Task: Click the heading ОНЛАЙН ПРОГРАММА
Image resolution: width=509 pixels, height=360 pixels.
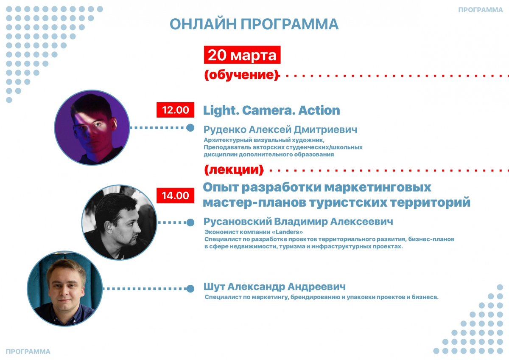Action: [254, 24]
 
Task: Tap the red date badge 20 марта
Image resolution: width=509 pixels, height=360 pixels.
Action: [242, 55]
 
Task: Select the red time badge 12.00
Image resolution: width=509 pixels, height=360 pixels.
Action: [175, 110]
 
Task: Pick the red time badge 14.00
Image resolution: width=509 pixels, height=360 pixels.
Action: [175, 195]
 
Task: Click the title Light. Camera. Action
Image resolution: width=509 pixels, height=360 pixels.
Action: [271, 110]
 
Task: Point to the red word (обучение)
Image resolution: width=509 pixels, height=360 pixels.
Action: [242, 75]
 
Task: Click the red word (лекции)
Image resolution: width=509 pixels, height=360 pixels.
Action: [234, 170]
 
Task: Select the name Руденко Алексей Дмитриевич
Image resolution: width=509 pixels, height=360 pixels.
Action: [280, 129]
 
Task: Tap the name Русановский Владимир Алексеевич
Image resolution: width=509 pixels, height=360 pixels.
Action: [298, 222]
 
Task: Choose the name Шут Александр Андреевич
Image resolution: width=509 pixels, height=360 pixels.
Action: [274, 287]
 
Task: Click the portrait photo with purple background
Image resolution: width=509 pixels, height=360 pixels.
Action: [92, 128]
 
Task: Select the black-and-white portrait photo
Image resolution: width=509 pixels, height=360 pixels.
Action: [119, 222]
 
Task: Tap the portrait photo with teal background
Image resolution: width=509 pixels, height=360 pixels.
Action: [65, 289]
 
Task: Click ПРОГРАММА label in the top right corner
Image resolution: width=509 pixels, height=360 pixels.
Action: [480, 10]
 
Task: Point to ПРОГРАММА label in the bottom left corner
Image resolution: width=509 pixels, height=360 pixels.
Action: [28, 352]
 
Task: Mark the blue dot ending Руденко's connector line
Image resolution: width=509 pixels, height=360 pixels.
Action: [190, 128]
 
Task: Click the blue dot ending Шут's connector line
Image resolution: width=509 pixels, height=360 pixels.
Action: [190, 289]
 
